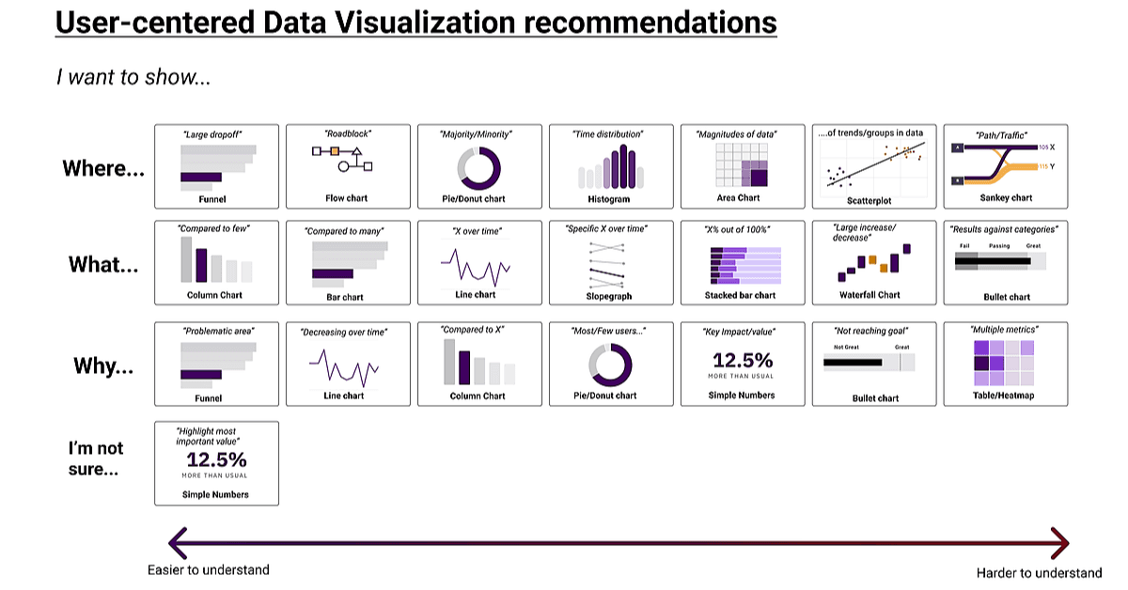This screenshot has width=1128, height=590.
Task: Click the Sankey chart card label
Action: click(1006, 198)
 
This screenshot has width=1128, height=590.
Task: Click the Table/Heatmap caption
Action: click(1006, 396)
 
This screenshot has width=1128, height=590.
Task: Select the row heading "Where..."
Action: click(103, 169)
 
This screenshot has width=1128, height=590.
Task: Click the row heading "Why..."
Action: click(103, 365)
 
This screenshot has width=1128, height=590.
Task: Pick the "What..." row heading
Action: click(103, 265)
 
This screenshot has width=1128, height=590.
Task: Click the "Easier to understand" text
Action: click(209, 569)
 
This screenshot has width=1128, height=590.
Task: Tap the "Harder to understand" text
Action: click(1039, 572)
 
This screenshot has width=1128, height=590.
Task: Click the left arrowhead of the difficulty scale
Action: click(174, 542)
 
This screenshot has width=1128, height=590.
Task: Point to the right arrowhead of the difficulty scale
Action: click(1063, 542)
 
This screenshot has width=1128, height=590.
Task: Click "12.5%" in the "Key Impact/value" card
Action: click(743, 360)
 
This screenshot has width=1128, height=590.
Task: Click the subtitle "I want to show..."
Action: click(133, 77)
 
